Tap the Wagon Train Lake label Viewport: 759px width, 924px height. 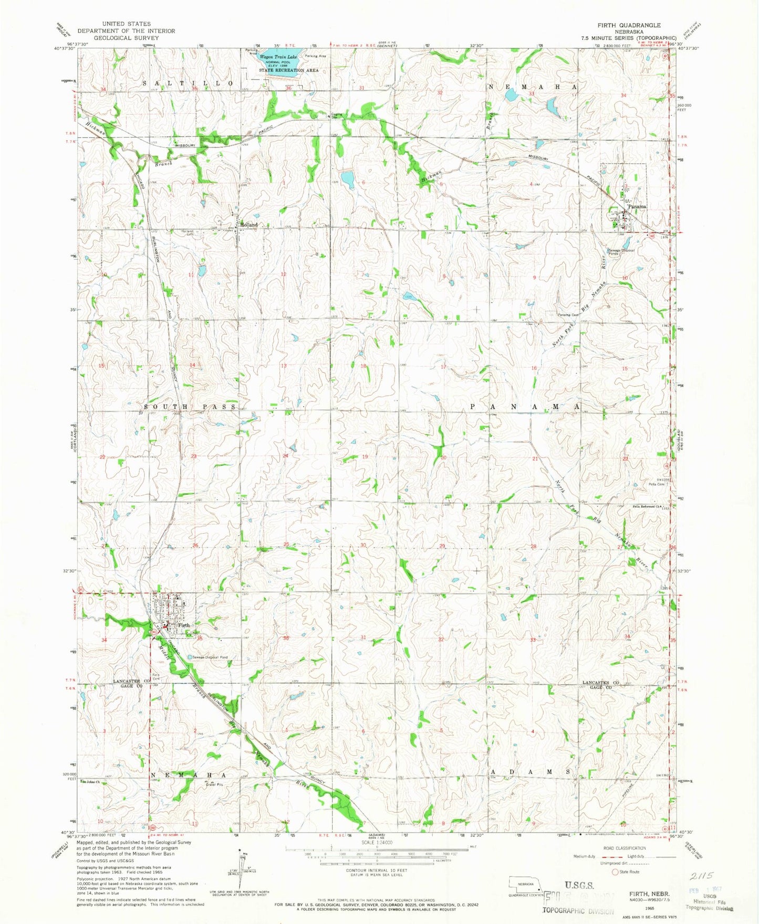click(278, 57)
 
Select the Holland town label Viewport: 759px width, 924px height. click(249, 225)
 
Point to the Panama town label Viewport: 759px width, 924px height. click(636, 207)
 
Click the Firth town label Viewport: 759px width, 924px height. click(183, 625)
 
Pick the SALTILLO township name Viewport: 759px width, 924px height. click(188, 84)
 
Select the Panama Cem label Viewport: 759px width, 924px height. click(568, 315)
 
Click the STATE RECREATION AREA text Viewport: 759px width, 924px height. click(288, 70)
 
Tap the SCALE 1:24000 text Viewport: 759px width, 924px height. click(377, 843)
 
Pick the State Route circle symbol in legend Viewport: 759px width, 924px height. click(616, 872)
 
